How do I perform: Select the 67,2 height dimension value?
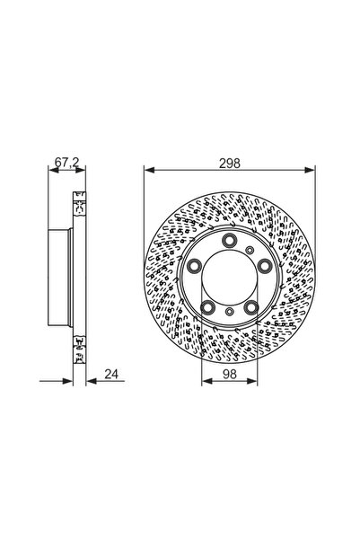pyautogui.click(x=62, y=162)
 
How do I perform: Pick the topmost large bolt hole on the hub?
pyautogui.click(x=230, y=240)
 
